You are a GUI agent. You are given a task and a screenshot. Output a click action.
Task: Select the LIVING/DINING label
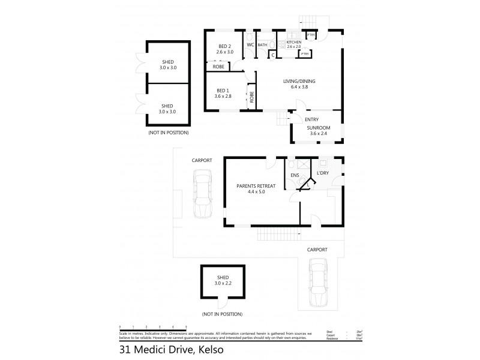click(x=295, y=83)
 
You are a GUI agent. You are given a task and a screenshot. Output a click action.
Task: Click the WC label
click(x=250, y=44)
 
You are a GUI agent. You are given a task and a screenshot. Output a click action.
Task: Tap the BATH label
click(x=262, y=44)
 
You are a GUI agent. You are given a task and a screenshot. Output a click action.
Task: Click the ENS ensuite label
click(x=294, y=175)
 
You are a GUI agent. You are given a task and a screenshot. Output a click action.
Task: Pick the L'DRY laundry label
click(x=321, y=173)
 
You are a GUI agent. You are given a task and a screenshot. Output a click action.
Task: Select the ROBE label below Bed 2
click(x=220, y=67)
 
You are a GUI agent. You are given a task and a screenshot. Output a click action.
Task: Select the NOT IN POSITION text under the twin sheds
click(x=168, y=132)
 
